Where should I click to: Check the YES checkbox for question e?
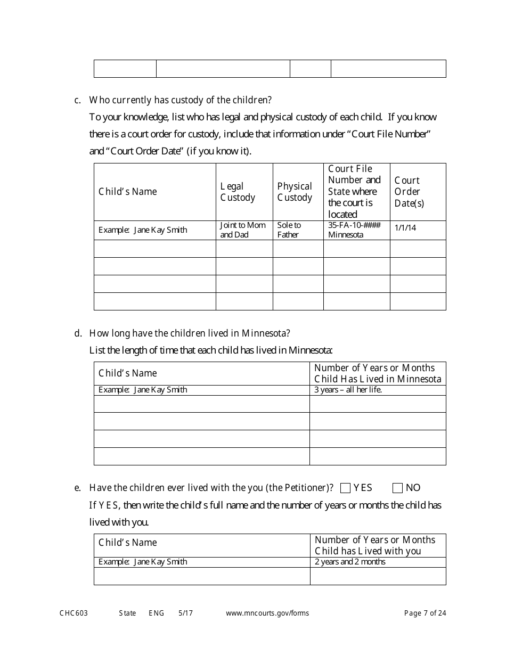tap(345, 488)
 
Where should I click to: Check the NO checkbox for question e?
tap(397, 488)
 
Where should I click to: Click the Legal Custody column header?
tap(238, 192)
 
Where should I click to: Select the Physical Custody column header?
tap(295, 192)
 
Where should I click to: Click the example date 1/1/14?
tap(405, 228)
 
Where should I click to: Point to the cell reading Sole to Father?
tap(289, 230)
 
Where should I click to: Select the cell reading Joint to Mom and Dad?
tap(242, 230)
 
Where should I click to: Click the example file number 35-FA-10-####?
tap(354, 225)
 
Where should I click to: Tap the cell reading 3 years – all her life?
tap(348, 390)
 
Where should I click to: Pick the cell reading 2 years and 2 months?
tap(350, 562)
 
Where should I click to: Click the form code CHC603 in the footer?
tap(74, 613)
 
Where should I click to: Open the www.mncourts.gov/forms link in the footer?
tap(267, 613)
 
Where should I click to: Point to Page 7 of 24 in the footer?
tap(425, 613)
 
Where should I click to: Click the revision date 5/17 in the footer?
tap(186, 613)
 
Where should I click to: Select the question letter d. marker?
tap(78, 333)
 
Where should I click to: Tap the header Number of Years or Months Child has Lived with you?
tap(375, 545)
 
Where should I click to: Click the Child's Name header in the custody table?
tap(128, 192)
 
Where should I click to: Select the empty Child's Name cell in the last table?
tap(202, 576)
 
